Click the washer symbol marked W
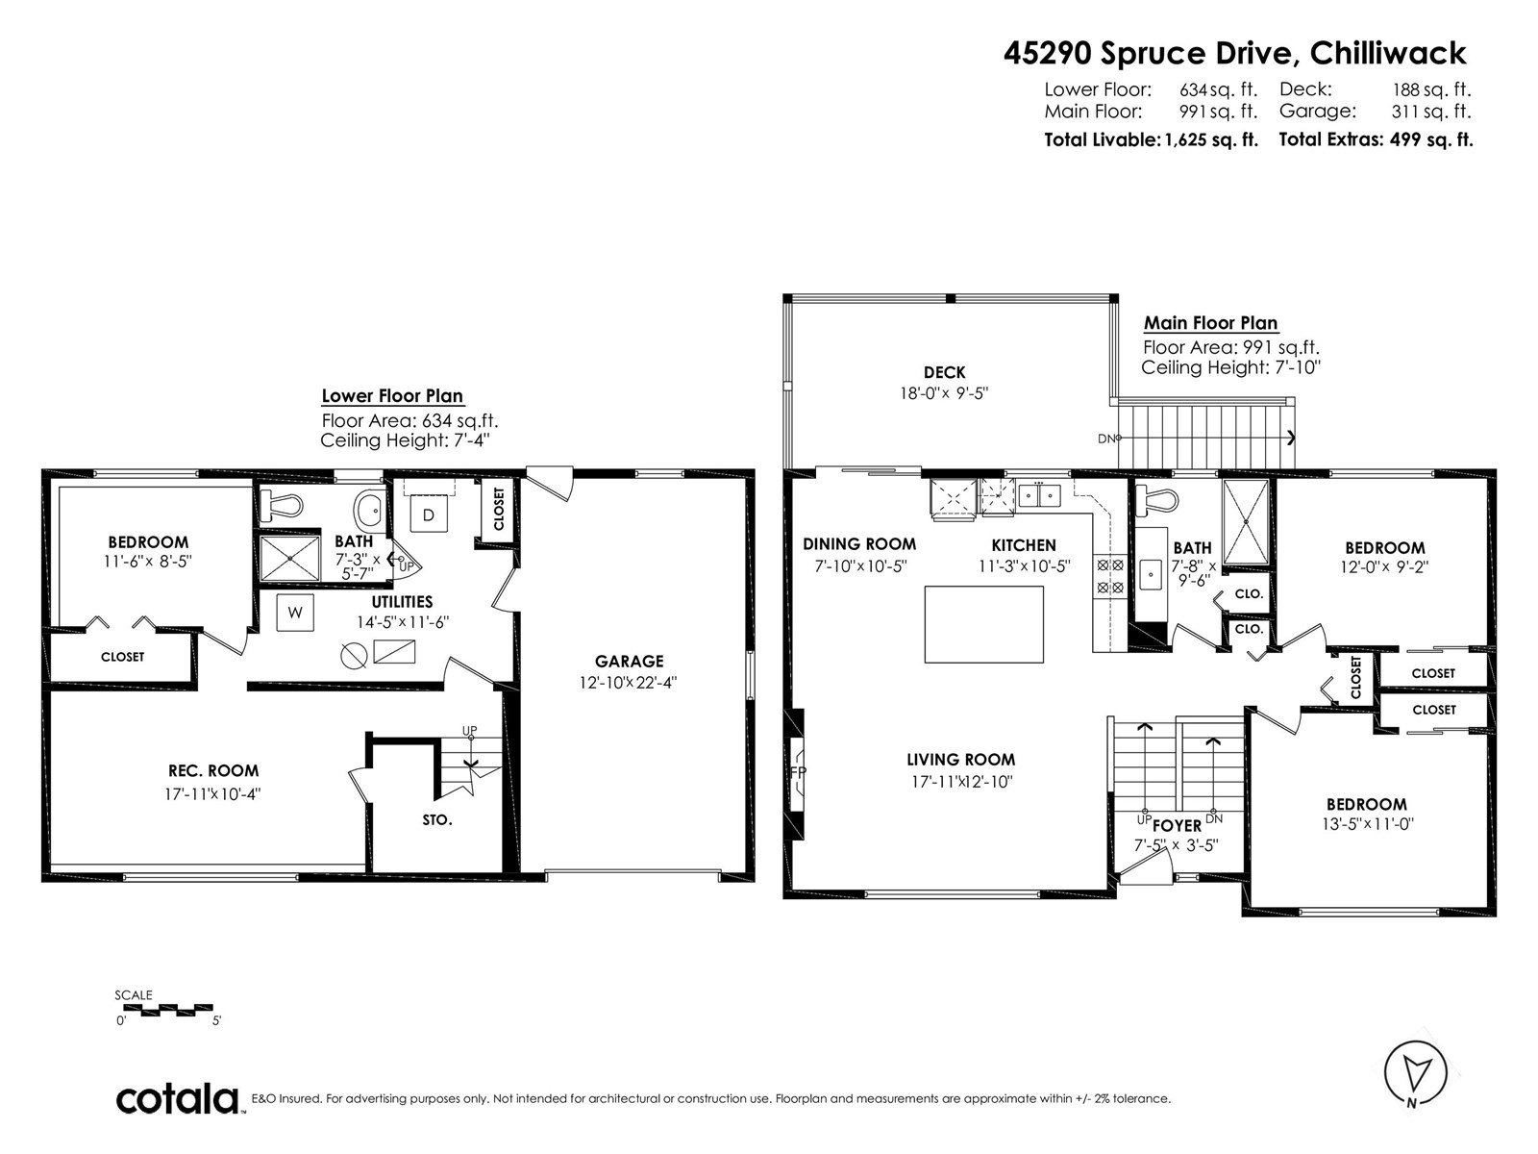click(295, 613)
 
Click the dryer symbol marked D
click(428, 515)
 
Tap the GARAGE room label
click(630, 661)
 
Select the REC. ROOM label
click(213, 770)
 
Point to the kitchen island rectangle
click(983, 624)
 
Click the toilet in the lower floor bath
click(281, 505)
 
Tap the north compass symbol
click(1415, 1075)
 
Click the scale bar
click(172, 1010)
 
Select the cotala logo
click(177, 1099)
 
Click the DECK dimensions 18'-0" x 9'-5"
click(944, 393)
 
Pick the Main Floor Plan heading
click(1211, 323)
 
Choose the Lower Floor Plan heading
click(392, 396)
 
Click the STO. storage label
click(437, 819)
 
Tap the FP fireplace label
click(798, 771)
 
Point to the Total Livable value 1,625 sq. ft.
click(1211, 140)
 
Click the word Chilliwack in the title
click(1388, 53)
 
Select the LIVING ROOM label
click(960, 760)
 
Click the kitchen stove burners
click(1110, 575)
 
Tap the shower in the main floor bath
click(1245, 522)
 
